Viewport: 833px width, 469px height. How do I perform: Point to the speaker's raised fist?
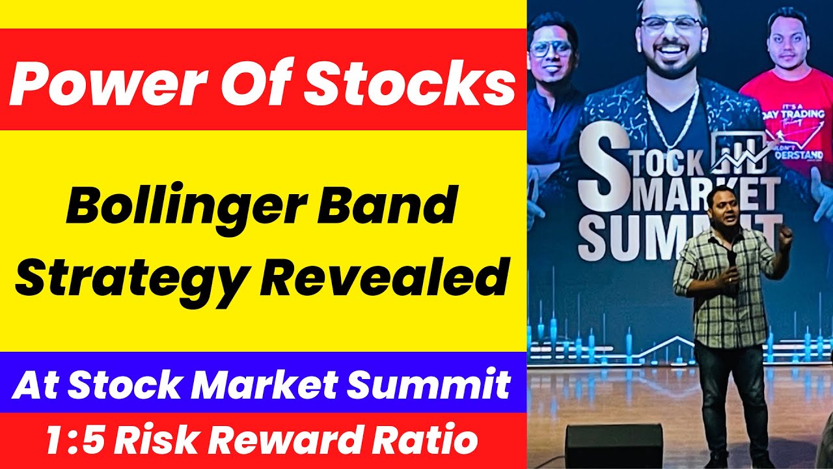786,236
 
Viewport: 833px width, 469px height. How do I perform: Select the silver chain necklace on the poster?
672,124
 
